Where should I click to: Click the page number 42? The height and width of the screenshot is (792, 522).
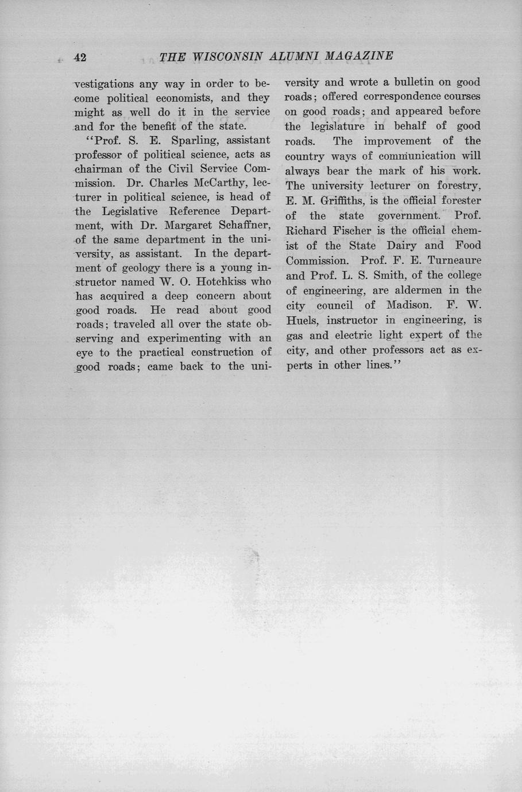(x=80, y=57)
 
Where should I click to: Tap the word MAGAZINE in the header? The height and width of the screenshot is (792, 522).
(x=359, y=56)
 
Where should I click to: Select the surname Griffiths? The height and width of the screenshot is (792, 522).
(x=345, y=201)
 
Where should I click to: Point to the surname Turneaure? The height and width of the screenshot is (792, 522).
(x=454, y=261)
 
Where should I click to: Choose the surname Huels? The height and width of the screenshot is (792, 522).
(x=300, y=320)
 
